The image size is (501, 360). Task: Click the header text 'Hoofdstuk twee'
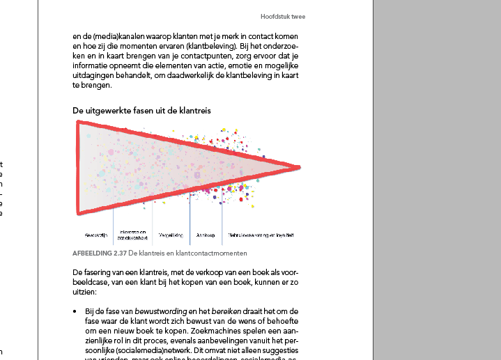(283, 16)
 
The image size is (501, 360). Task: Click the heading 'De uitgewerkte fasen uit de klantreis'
(141, 111)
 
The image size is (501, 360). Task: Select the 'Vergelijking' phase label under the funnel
(171, 235)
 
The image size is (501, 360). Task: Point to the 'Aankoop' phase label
(206, 235)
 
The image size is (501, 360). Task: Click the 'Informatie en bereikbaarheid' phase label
(132, 234)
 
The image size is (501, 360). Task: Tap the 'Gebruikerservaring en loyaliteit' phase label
(261, 235)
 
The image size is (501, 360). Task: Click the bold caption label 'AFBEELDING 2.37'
(100, 253)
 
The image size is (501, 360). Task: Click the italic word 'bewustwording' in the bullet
(157, 311)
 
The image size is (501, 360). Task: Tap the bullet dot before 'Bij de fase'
(75, 311)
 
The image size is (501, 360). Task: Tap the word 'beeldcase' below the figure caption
(91, 283)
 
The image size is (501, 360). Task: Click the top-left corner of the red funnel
(79, 123)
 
